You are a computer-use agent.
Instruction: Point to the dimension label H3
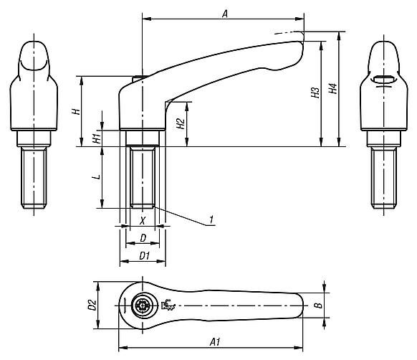tap(315, 93)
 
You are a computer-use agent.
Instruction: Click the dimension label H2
tap(181, 123)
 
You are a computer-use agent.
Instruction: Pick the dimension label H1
tap(95, 137)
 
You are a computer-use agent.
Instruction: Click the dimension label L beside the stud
tap(95, 176)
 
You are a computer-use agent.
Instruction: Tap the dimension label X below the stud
tap(143, 220)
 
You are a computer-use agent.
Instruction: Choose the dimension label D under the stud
tap(143, 237)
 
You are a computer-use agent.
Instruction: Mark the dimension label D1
tap(143, 255)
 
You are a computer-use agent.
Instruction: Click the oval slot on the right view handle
tap(384, 80)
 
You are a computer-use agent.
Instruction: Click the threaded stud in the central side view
tap(143, 176)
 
